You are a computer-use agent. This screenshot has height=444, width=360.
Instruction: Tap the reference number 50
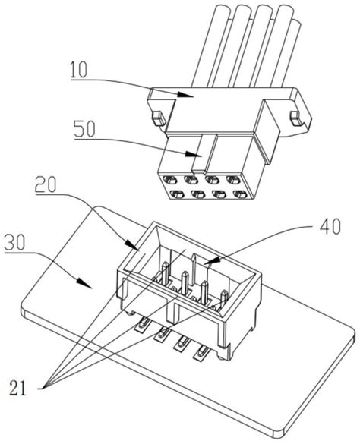pos(84,129)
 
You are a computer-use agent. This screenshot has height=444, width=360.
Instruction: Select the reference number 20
pos(46,184)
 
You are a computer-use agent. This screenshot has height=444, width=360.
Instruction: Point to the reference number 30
pos(15,242)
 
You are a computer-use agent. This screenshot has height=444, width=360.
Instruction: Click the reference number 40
pos(330,226)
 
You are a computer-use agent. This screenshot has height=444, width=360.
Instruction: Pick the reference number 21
pos(17,387)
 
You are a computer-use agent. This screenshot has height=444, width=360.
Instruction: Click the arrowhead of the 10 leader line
pos(185,95)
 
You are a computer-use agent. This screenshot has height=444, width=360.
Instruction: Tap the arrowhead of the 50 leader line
pos(194,154)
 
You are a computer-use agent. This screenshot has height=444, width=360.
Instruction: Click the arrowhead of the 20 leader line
pos(131,244)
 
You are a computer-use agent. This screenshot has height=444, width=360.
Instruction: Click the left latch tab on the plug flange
pos(159,118)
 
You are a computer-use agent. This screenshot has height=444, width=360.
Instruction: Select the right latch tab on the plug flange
pos(295,118)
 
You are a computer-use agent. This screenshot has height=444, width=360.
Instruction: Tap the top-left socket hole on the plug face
pos(170,180)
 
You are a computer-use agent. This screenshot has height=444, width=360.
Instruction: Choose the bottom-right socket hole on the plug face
pos(239,194)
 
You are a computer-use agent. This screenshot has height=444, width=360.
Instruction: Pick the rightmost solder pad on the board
pos(202,352)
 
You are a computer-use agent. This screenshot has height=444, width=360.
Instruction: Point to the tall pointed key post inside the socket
pos(194,269)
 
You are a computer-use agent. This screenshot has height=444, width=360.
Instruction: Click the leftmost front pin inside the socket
pos(166,273)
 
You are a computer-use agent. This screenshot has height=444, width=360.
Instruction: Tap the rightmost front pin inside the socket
pos(224,299)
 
